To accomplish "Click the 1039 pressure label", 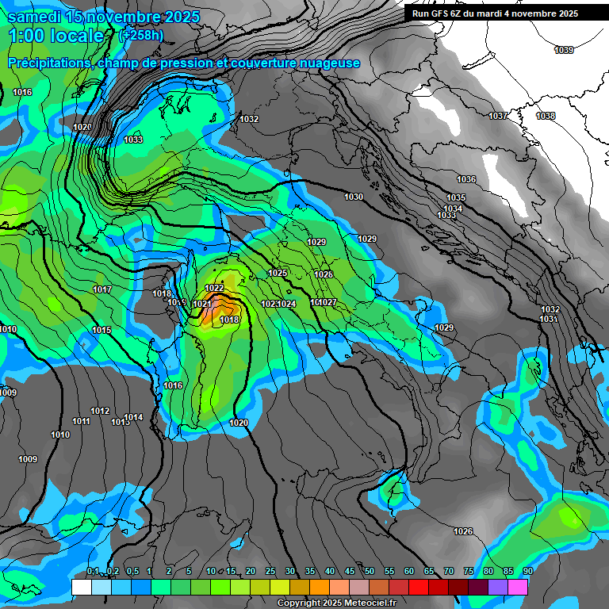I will point(564,50).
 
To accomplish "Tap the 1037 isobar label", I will point(498,117).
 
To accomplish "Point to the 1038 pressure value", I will point(546,117).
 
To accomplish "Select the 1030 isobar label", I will point(354,197).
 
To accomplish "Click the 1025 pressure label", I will point(278,273).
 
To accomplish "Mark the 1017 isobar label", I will point(102,290).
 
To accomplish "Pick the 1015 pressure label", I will point(101,330).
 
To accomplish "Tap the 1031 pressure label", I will point(548,319).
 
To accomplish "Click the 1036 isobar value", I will point(466,179).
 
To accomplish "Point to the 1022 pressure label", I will point(214,288).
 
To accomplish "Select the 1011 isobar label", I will point(81,421).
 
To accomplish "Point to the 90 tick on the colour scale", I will point(527,571).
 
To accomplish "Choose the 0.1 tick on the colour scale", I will point(93,571).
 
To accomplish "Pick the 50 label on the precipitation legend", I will point(370,571).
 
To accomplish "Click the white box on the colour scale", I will point(81,587).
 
